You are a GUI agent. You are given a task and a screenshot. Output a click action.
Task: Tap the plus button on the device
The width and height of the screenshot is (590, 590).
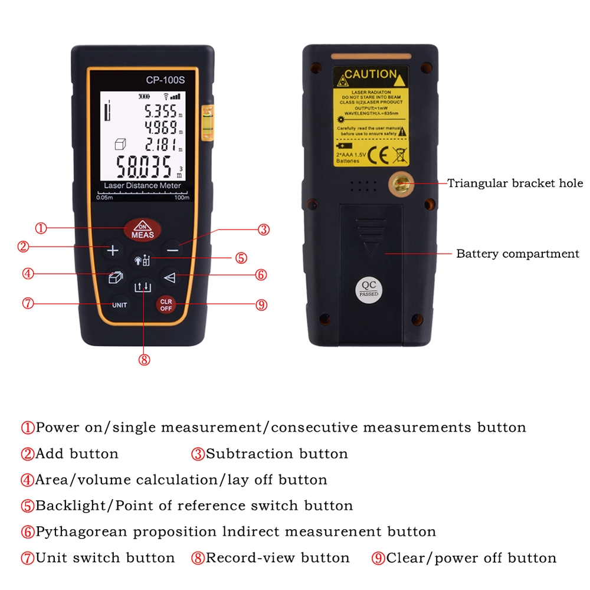click(113, 250)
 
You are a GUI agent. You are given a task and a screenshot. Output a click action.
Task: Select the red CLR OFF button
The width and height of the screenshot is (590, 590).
click(166, 304)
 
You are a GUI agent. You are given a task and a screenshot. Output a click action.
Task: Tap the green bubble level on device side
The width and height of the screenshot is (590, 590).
click(208, 122)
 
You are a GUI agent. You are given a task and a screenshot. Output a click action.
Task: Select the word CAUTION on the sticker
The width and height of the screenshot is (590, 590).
click(371, 74)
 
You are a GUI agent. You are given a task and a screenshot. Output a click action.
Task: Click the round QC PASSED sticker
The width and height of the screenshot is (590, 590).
click(369, 288)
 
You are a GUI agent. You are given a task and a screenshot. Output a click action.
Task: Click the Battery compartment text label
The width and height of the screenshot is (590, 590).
click(517, 254)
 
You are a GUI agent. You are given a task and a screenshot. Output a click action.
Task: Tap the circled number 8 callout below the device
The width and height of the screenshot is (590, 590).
click(145, 359)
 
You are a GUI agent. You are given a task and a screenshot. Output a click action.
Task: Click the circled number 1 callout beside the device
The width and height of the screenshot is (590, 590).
click(41, 228)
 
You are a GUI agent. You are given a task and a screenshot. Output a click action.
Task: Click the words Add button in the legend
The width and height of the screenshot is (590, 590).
click(77, 454)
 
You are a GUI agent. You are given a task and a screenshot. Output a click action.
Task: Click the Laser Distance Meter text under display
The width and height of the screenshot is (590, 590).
click(142, 185)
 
